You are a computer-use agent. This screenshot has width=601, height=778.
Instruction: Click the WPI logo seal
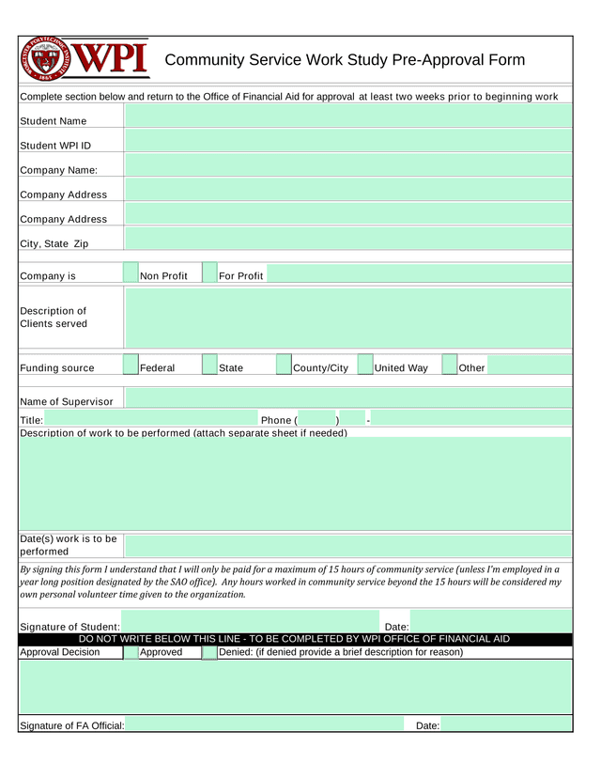(47, 60)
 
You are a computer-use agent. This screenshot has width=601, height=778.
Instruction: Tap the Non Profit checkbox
(132, 275)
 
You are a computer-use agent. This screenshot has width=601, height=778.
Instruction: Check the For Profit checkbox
(210, 275)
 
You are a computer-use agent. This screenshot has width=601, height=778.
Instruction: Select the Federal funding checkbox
(132, 367)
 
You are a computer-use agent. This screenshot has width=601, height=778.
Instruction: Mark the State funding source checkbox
(210, 367)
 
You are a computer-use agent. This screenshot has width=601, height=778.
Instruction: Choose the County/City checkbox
(285, 367)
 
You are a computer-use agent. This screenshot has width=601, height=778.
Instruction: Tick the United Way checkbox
(365, 367)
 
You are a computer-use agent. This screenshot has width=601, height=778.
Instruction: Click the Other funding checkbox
(448, 367)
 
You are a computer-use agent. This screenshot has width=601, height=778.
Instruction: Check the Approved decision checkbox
(132, 652)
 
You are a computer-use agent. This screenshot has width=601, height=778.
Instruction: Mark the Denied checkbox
(209, 652)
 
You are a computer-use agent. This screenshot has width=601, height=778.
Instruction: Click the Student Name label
(54, 120)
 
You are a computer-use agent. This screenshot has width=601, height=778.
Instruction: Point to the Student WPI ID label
(56, 145)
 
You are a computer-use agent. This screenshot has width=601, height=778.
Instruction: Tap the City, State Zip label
(54, 243)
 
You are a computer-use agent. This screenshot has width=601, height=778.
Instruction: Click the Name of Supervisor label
(67, 402)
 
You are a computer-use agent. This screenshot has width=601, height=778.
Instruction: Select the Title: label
(31, 420)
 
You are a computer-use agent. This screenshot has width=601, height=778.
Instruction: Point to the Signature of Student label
(69, 627)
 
